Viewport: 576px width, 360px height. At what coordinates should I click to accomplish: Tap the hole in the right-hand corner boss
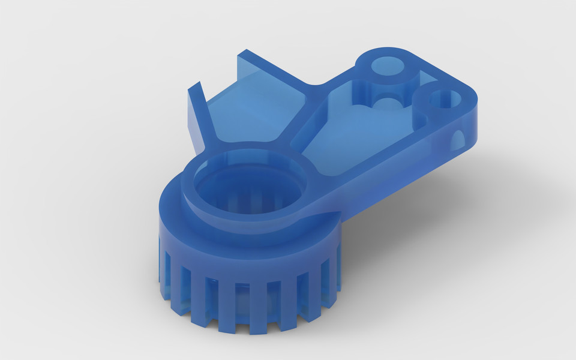pos(443,99)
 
